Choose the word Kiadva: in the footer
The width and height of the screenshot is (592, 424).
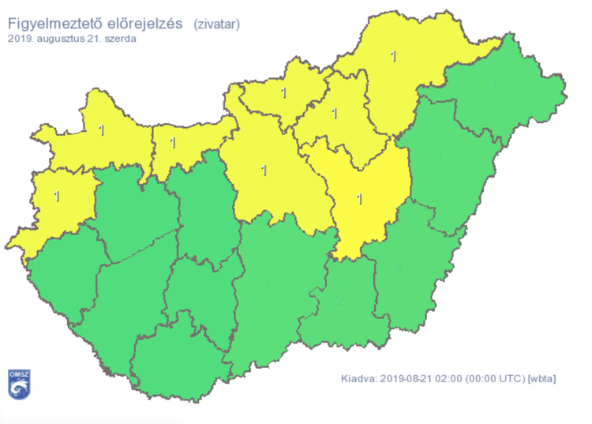click(358, 379)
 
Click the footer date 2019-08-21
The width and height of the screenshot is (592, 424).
click(409, 379)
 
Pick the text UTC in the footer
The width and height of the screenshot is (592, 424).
click(511, 379)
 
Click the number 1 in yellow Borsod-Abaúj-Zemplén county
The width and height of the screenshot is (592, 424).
click(394, 56)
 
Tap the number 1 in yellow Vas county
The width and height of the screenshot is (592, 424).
click(57, 193)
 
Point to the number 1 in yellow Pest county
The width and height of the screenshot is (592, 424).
click(264, 169)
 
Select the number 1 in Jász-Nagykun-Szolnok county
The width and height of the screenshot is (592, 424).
click(360, 198)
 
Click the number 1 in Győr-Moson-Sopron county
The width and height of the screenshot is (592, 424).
click(100, 129)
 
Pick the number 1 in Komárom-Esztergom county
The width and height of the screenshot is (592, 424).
click(173, 143)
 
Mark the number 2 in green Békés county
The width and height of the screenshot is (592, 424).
click(397, 268)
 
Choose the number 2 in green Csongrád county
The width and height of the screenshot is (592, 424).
click(339, 300)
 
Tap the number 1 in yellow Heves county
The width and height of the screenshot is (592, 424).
click(334, 114)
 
